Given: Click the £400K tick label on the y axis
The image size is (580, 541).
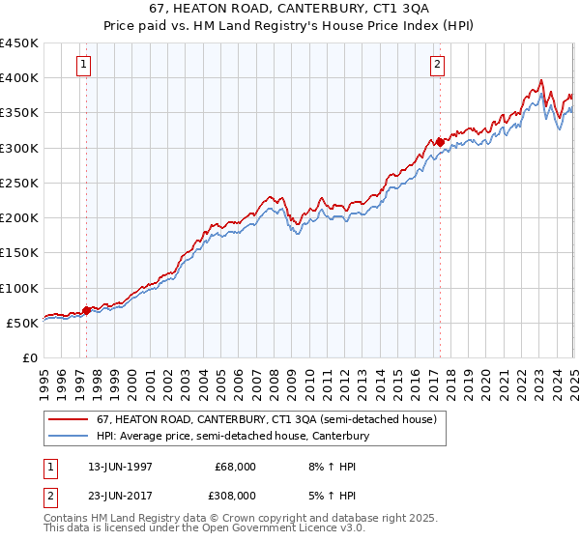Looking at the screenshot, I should coord(19,78).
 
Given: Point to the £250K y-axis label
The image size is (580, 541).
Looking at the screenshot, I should coord(19,183).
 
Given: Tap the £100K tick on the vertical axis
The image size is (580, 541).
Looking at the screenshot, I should coord(19,288).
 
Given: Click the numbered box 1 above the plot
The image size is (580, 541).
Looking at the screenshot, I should coord(85,65).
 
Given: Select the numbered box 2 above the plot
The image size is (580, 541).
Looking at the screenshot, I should coord(438,65).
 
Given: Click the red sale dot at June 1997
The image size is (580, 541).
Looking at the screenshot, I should coord(87,310).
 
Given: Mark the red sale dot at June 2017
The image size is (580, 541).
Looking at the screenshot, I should coord(440,142).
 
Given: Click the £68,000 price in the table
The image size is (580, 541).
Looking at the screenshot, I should coord(236,467).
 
